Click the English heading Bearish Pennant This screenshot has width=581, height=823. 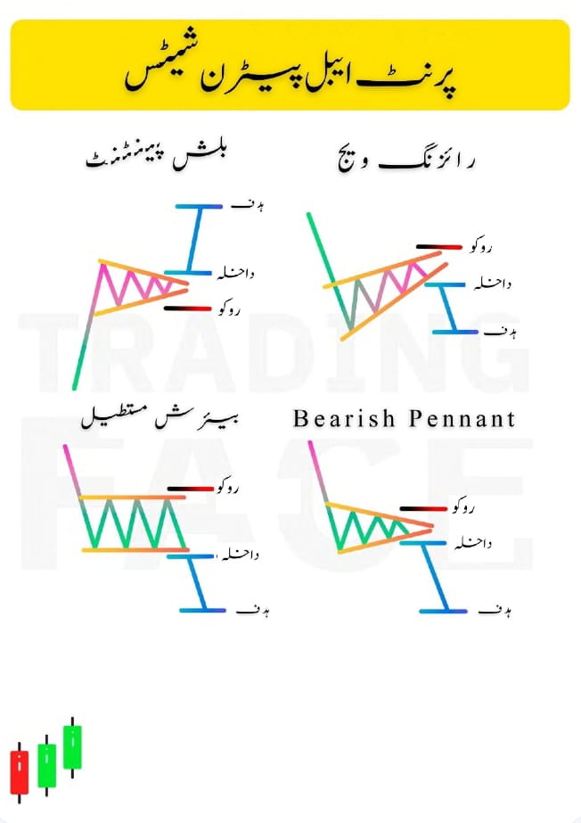point(404,418)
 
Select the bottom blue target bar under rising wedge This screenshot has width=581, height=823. point(455,332)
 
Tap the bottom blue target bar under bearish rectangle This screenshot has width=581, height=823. point(204,610)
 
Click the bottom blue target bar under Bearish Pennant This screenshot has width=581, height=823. point(443,611)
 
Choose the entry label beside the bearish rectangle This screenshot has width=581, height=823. point(238,555)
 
